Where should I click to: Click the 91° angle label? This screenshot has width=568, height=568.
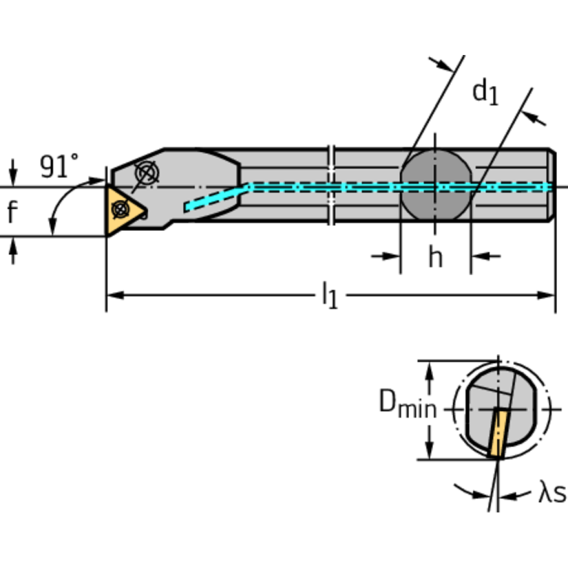pos(59,166)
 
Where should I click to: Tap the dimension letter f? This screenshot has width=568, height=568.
pos(12,213)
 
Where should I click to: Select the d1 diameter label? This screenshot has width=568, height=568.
pos(485,92)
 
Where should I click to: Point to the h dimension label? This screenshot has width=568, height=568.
pos(435,257)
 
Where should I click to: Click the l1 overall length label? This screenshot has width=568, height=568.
pos(329,296)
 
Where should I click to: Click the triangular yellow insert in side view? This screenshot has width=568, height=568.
pos(121,210)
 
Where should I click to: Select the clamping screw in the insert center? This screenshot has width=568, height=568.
pos(118,210)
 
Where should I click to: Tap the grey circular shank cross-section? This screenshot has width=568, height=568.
pos(435,186)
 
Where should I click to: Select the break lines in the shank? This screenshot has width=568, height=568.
pos(331,185)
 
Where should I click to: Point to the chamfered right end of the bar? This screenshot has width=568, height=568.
pos(551,185)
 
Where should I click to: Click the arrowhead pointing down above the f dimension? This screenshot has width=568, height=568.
pos(13,178)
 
